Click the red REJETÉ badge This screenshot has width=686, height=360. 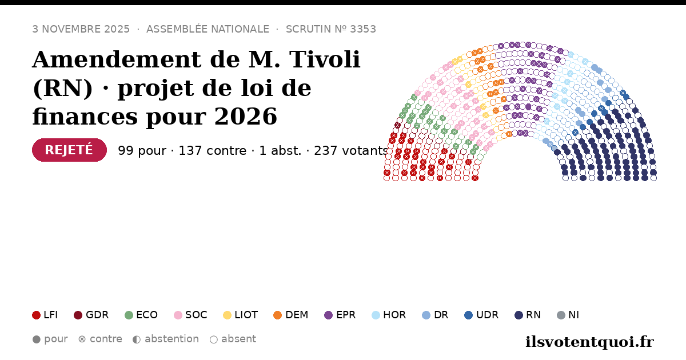coord(69,150)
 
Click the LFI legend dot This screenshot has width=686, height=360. coord(36,315)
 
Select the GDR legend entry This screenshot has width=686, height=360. coord(91,315)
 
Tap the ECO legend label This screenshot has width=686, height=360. coord(147,315)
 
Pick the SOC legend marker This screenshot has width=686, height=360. coord(178,315)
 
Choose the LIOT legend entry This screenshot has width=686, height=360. coord(241,315)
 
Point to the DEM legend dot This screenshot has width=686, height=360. coord(277,315)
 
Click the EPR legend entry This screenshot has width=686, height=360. coord(340,315)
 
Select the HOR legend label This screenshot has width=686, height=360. coord(394,315)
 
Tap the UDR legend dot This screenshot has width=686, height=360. coord(469,315)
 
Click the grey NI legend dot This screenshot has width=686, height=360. coord(561,315)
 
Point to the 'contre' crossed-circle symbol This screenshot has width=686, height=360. coord(82,339)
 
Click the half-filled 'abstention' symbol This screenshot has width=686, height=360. coord(137,339)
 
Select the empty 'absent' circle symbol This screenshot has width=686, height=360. coord(214,339)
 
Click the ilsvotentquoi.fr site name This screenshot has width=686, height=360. coord(590,342)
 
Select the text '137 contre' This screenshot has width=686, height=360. coord(213,151)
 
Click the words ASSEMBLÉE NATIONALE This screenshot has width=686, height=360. coord(208,29)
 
